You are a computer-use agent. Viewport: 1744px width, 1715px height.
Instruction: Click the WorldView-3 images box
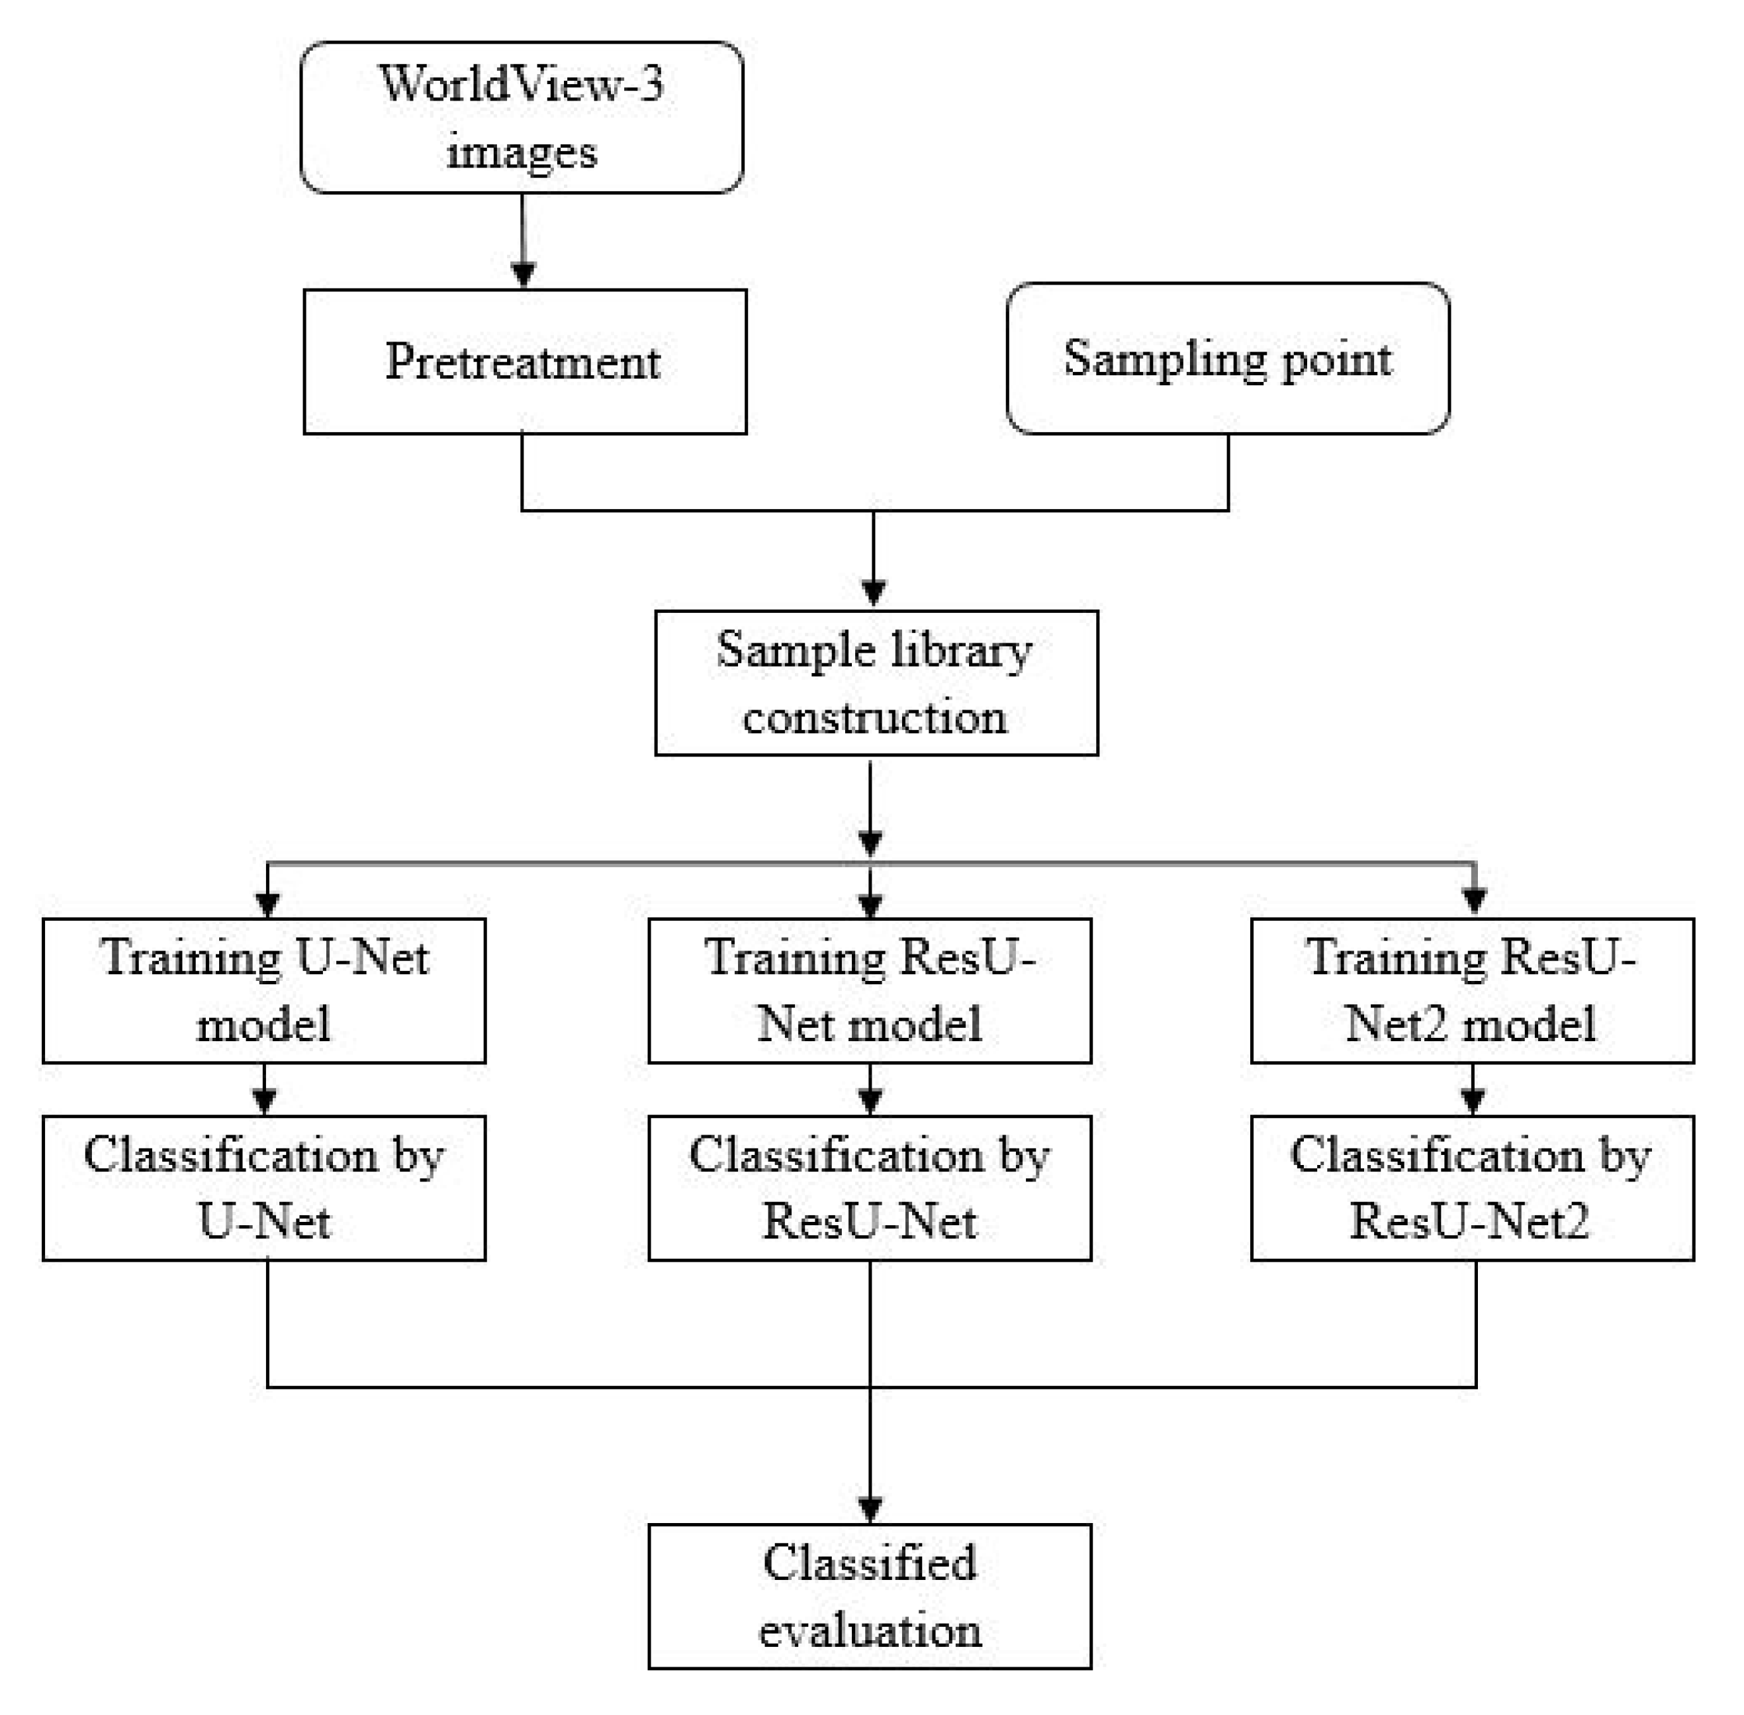point(521,117)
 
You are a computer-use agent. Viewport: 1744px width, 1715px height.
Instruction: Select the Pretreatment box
point(524,361)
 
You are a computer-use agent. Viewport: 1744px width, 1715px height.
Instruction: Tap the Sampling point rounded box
point(1227,359)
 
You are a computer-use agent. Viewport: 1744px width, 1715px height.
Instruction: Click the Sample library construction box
point(876,683)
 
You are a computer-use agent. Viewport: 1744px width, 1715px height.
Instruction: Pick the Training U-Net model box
point(264,990)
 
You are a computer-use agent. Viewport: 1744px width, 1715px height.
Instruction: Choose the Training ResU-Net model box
point(869,990)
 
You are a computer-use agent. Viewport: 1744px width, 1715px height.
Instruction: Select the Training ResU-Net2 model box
point(1471,990)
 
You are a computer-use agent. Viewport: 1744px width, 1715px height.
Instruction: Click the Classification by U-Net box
point(264,1187)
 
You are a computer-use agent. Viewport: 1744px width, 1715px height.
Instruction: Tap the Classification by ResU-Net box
point(869,1187)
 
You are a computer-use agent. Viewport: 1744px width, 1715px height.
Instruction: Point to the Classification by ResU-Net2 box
point(1471,1187)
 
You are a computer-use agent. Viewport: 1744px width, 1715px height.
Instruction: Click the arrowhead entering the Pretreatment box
point(524,274)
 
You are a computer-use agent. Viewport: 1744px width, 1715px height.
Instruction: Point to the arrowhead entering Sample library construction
point(874,592)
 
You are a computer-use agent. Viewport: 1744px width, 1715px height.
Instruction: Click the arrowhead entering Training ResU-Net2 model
point(1474,901)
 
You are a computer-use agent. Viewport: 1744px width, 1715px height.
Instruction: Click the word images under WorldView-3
point(522,152)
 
